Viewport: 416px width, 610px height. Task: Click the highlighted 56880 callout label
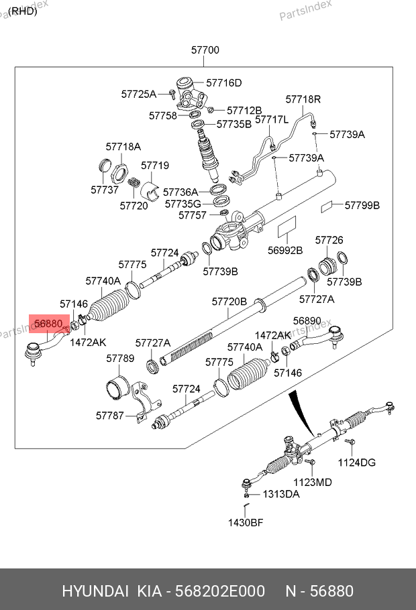click(x=48, y=324)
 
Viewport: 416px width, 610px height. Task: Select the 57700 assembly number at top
click(x=205, y=50)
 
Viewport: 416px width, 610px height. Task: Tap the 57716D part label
click(x=223, y=83)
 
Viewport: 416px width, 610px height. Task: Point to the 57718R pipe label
click(x=303, y=99)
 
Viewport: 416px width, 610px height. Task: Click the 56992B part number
click(x=285, y=251)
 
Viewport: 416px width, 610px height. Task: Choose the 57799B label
click(x=362, y=205)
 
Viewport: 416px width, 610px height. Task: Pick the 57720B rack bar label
click(x=229, y=302)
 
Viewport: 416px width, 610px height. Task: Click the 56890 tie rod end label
click(x=307, y=320)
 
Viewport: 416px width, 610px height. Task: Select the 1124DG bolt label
click(x=356, y=463)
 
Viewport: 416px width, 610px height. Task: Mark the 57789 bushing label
click(x=120, y=359)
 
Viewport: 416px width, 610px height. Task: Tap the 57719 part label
click(x=155, y=166)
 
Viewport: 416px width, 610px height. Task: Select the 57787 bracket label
click(x=110, y=416)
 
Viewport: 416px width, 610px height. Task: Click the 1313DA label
click(x=281, y=494)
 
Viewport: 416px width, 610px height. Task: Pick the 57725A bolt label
click(x=139, y=95)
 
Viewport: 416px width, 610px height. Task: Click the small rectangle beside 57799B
click(x=327, y=206)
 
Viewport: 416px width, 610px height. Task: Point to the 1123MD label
click(x=313, y=482)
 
